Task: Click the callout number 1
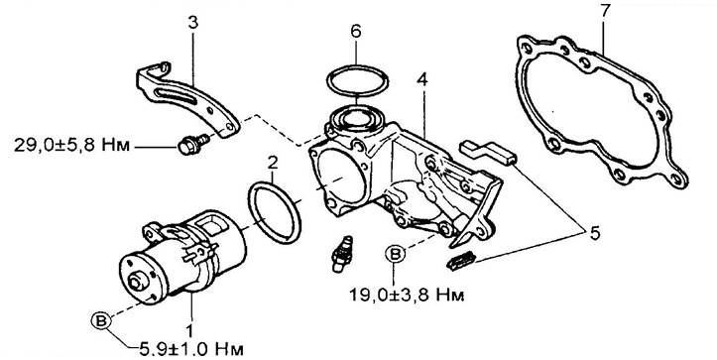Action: pos(189,330)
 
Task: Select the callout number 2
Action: pos(273,162)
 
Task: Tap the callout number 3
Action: pos(193,23)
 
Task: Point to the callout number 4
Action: pos(422,80)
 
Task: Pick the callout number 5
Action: pos(594,233)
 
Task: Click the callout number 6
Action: pos(356,31)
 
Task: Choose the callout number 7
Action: pos(605,11)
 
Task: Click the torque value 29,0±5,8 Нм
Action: pos(71,146)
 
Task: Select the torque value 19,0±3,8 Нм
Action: pos(407,296)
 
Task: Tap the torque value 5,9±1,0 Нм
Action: pos(190,350)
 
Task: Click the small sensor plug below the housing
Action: pos(341,254)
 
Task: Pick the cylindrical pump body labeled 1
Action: pos(182,256)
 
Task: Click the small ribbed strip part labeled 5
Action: pos(461,263)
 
